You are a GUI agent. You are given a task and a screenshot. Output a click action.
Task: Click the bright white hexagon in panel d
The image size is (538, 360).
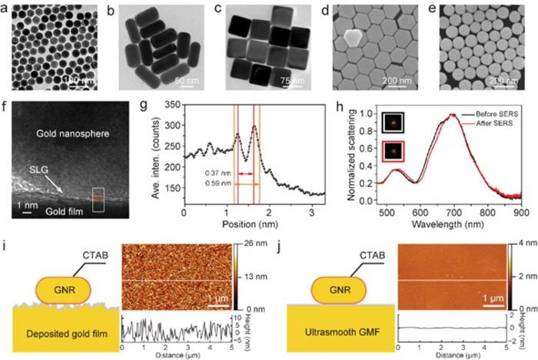pyautogui.click(x=354, y=37)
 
